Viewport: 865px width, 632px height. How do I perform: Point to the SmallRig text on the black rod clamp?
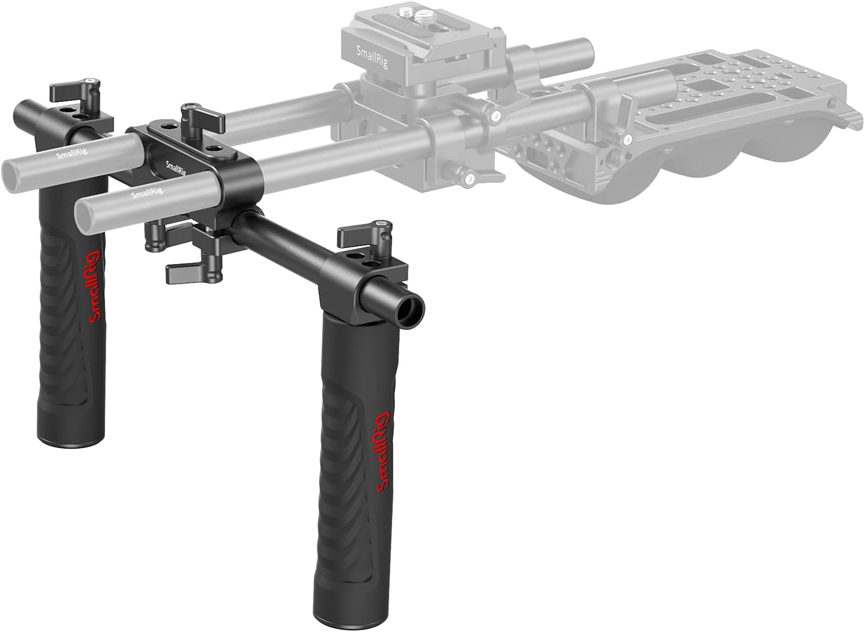pos(175,168)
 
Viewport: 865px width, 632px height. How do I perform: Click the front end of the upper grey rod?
pos(13,172)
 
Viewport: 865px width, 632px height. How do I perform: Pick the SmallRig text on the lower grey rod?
pos(147,192)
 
